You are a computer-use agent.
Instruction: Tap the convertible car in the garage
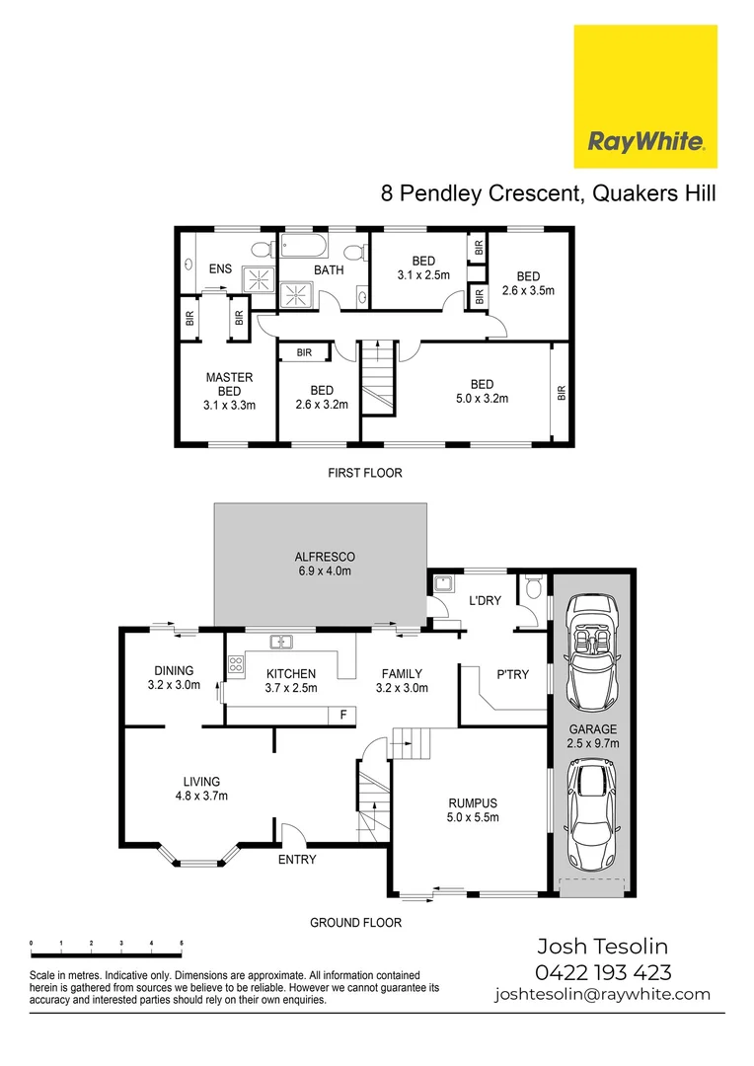pyautogui.click(x=591, y=646)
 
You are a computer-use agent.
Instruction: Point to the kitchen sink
pyautogui.click(x=282, y=643)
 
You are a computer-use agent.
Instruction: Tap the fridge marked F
pyautogui.click(x=342, y=714)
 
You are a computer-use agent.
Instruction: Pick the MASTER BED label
pyautogui.click(x=229, y=384)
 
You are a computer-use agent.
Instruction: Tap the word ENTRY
pyautogui.click(x=297, y=860)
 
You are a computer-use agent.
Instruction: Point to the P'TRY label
pyautogui.click(x=512, y=675)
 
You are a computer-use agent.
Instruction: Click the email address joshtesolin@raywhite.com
pyautogui.click(x=602, y=995)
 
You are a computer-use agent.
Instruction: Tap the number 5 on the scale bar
pyautogui.click(x=182, y=945)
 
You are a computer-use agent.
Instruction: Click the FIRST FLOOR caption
pyautogui.click(x=364, y=473)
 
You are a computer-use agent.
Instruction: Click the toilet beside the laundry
pyautogui.click(x=534, y=590)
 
